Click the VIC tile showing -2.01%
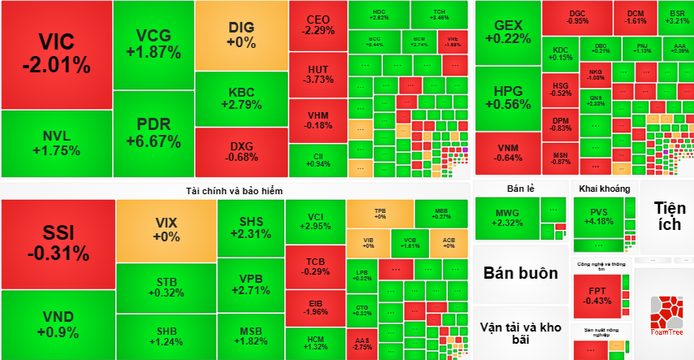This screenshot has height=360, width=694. (56, 54)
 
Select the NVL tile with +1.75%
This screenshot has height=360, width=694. (56, 144)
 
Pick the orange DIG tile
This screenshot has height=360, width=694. (241, 34)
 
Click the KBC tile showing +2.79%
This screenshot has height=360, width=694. (241, 98)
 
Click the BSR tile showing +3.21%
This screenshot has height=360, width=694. (676, 17)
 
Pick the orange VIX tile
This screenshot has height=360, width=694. (166, 230)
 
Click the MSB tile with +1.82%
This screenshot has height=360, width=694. (250, 336)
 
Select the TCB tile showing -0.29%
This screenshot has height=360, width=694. (315, 266)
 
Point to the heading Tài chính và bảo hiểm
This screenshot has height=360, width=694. (234, 189)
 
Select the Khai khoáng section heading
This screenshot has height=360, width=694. (605, 189)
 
